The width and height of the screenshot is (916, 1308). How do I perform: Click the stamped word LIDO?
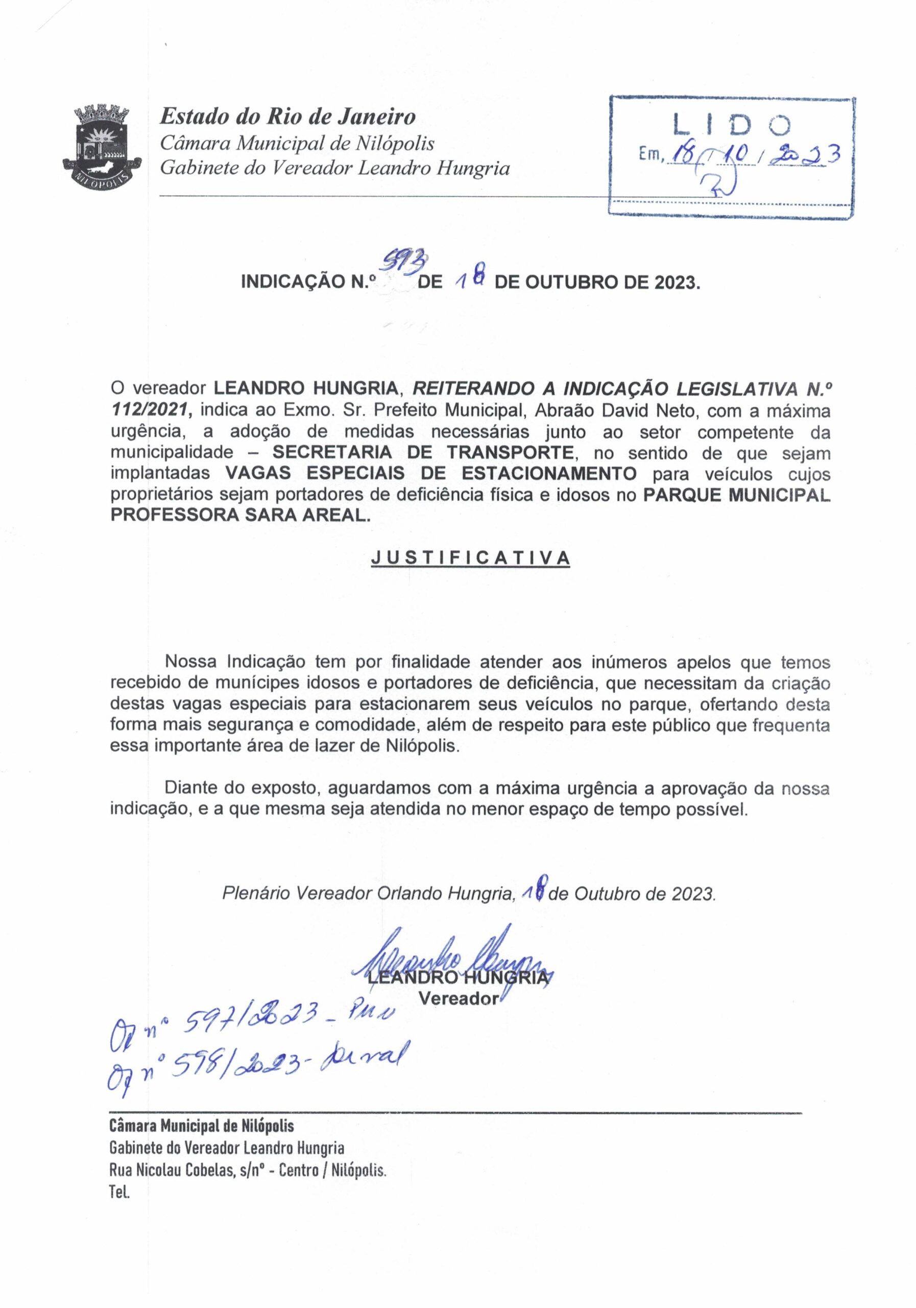coord(732,125)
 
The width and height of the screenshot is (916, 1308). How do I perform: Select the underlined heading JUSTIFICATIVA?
coord(470,558)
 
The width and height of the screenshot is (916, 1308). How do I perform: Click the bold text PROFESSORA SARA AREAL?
coord(239,516)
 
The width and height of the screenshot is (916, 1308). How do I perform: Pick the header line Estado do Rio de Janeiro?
coord(287,117)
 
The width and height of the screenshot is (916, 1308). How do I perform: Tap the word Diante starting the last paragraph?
coord(192,788)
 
